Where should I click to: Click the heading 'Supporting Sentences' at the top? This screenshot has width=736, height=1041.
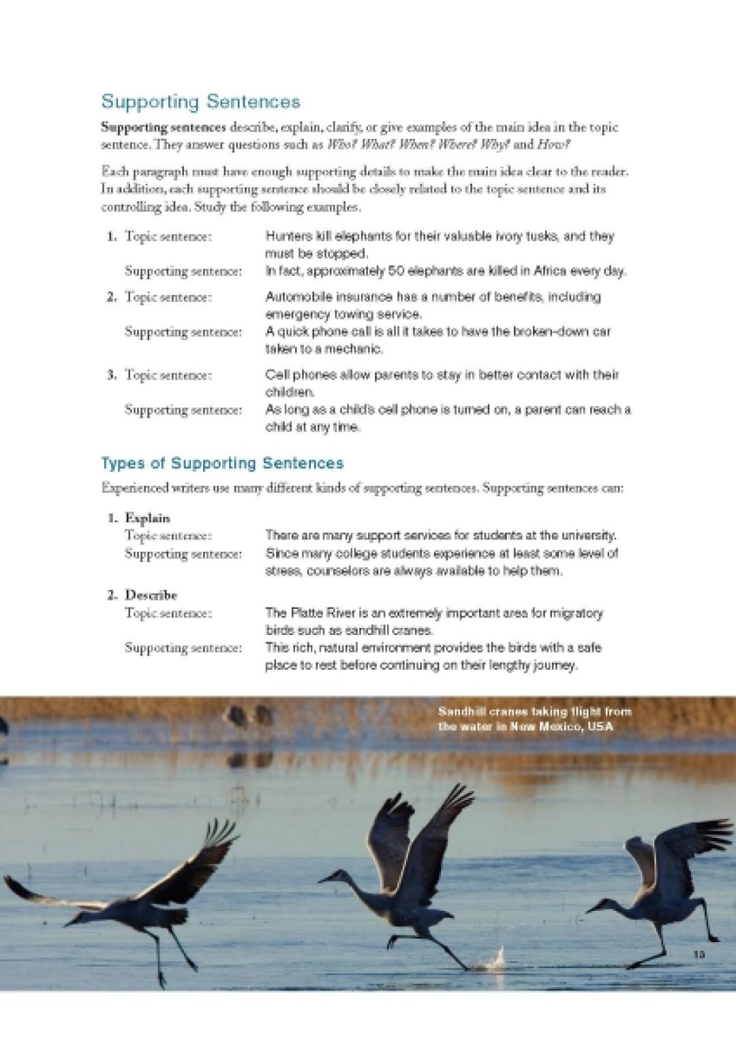200,102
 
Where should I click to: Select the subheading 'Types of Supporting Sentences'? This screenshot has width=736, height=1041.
222,463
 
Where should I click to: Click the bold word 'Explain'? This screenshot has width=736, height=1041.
147,518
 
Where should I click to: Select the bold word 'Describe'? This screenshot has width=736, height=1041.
151,595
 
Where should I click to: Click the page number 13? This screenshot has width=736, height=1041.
699,954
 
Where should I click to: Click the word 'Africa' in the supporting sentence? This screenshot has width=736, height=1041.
551,271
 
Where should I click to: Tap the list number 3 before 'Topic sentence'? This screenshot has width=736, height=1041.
111,375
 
